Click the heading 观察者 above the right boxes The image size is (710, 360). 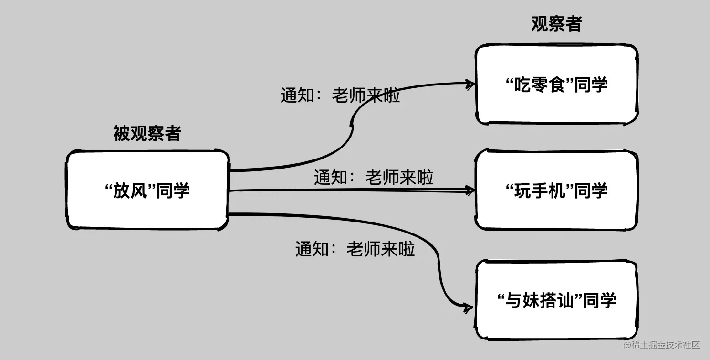tap(556, 24)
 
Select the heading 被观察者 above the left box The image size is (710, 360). tap(147, 134)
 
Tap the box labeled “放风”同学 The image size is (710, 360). tap(147, 190)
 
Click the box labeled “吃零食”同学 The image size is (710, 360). tap(556, 85)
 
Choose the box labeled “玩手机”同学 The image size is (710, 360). tap(556, 190)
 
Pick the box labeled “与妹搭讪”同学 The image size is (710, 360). tap(556, 300)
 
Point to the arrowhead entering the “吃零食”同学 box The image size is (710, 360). tap(470, 84)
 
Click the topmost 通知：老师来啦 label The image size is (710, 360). tap(340, 96)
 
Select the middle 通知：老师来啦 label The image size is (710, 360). tap(373, 178)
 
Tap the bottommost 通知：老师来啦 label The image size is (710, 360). tap(355, 249)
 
